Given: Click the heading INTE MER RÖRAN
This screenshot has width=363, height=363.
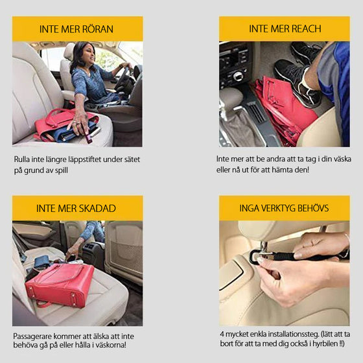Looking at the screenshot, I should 77,29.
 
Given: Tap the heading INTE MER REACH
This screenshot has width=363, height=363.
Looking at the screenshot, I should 285,29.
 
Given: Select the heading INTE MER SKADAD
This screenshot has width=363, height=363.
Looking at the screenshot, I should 76,208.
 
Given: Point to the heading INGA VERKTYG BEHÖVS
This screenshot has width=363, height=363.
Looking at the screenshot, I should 285,208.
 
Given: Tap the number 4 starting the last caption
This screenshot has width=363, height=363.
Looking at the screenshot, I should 222,333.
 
